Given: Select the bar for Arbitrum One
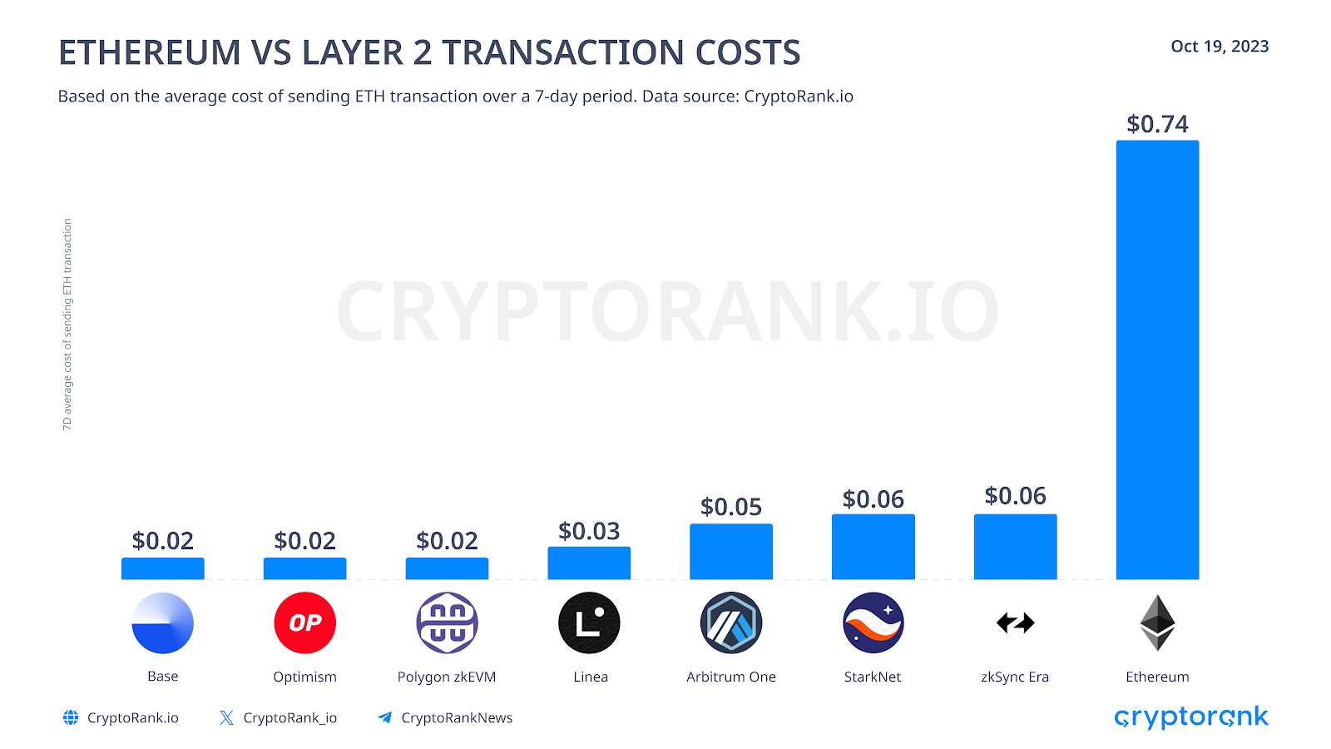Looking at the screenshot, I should (x=730, y=551).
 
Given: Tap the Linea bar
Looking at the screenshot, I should (x=589, y=563).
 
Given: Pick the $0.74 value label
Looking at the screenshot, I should (x=1157, y=124).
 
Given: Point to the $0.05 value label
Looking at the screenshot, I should (x=730, y=507).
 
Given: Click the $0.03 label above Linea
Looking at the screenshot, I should (x=589, y=531).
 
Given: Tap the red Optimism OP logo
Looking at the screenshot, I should (x=304, y=623).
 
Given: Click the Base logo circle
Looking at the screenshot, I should (x=162, y=623).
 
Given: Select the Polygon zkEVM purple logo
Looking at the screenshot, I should (x=447, y=623).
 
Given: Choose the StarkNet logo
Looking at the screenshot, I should (x=873, y=623).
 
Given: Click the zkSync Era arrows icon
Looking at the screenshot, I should (x=1015, y=623).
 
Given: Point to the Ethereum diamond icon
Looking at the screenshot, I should (x=1157, y=623).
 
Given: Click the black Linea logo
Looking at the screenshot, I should (x=589, y=623).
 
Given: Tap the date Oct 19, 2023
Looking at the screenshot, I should (x=1220, y=47).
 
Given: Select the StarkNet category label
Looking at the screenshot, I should (x=873, y=677).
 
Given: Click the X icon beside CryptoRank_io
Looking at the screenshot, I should (x=226, y=717).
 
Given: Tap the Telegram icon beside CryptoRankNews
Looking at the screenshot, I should (x=384, y=717).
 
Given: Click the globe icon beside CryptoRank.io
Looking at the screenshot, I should (x=71, y=717).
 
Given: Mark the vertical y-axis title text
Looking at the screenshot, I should (x=67, y=325).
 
